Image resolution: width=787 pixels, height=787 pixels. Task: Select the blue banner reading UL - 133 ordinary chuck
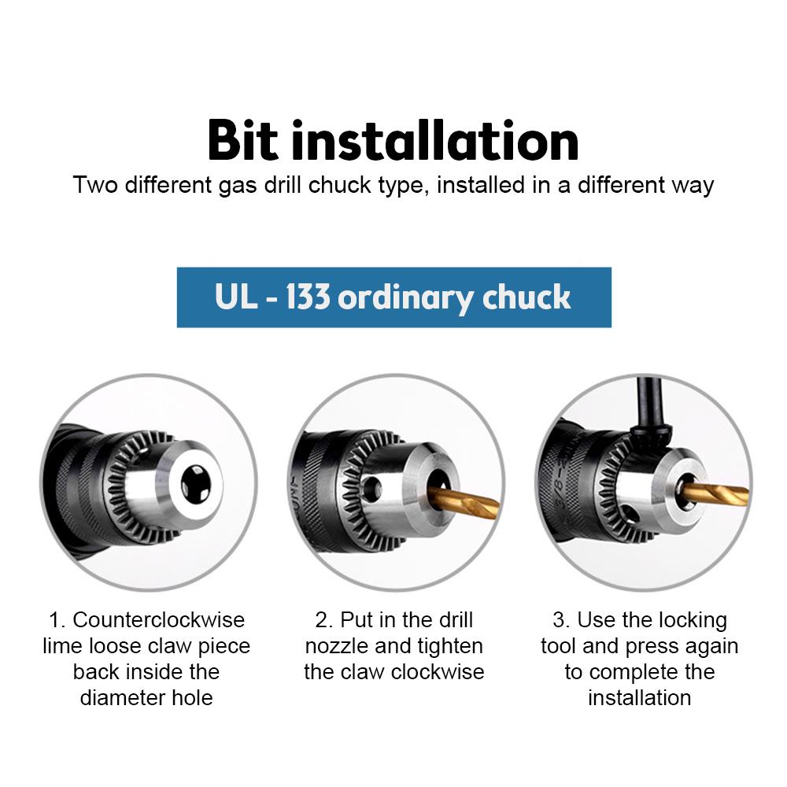point(393,297)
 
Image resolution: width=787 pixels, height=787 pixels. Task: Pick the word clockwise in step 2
point(442,672)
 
